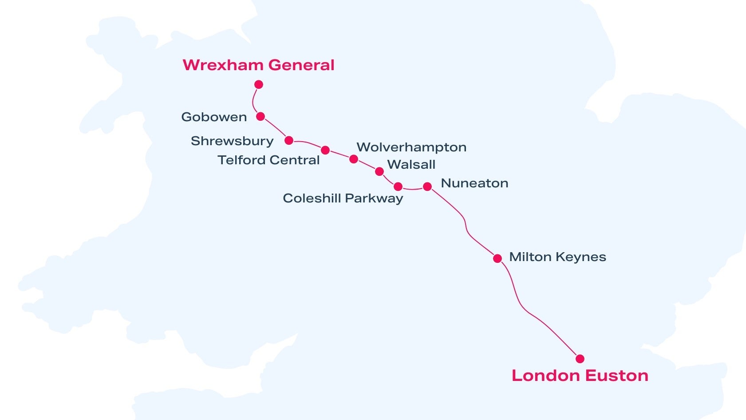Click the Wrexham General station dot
pos(259,84)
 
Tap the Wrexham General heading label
pos(258,65)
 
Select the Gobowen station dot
pos(261,117)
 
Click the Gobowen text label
pos(214,117)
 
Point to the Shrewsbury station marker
pos(289,141)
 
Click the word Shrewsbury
pos(232,141)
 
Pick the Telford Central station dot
pos(325,150)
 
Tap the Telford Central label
pos(268,160)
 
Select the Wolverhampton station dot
pos(354,159)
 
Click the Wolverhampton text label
pos(411,147)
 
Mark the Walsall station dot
pos(379,171)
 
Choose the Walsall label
pos(411,165)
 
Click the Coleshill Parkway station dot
pos(398,186)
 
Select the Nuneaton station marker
pos(427,186)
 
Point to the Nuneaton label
pos(474,183)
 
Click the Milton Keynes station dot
pos(497,258)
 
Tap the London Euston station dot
pos(580,359)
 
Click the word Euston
pos(616,376)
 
